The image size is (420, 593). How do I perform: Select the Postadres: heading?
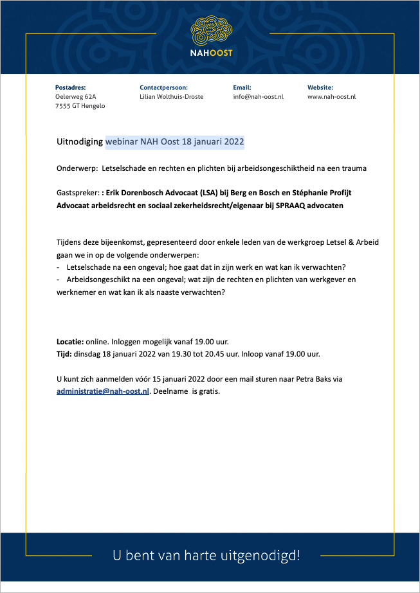71,87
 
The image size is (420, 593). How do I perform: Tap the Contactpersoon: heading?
163,87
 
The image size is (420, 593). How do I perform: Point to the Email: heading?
242,87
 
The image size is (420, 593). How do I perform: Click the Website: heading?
320,87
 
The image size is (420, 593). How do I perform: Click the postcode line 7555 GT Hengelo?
80,106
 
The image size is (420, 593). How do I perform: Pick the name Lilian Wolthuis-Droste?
171,96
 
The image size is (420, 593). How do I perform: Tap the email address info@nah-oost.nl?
258,96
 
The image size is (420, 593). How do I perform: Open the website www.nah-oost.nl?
331,96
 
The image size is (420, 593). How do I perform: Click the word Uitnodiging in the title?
80,141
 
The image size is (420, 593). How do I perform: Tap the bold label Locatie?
70,341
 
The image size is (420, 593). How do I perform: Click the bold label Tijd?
64,354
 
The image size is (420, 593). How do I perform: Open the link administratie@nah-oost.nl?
103,391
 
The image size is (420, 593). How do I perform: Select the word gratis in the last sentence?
208,391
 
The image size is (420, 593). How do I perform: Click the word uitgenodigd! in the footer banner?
263,554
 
